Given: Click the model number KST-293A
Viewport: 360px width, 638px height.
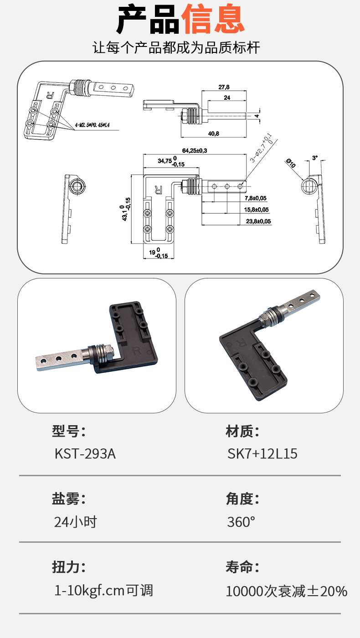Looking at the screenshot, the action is point(85,454).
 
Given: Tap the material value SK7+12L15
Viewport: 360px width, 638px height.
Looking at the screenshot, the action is point(262,454).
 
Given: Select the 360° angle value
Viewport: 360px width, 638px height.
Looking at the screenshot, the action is point(241,522).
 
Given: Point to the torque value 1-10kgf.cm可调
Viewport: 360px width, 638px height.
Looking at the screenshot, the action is point(104,591).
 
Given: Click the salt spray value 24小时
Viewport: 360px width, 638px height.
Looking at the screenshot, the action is point(76,522).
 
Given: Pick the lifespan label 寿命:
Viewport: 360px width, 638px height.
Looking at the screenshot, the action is point(242,567).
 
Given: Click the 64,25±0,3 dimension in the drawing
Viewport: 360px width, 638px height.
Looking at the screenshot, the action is point(195,150).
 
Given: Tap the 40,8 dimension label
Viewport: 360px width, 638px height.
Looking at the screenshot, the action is point(214,134).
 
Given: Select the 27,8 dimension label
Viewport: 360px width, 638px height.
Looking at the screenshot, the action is point(224,87).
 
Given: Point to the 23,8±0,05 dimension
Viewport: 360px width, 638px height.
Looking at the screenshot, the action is point(258,221).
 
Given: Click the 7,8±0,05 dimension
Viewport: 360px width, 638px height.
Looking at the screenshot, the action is point(256,198).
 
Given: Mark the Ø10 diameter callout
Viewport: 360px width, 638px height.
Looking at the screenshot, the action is point(291,163).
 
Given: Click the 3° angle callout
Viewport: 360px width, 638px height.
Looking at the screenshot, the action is point(315,158).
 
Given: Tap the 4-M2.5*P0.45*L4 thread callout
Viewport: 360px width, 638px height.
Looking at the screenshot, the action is point(92,125).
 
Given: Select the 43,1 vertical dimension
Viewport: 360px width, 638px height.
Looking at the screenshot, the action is point(126,209).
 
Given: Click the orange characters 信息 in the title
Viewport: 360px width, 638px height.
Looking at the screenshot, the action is point(213,19).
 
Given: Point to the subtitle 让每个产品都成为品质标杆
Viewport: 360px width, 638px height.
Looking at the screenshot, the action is point(176,47).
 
